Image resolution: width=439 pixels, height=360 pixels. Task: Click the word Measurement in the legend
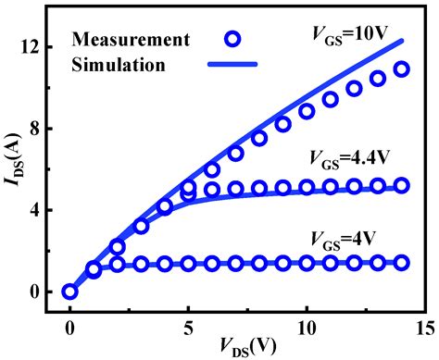131,40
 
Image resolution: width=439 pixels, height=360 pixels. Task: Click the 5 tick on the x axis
188,326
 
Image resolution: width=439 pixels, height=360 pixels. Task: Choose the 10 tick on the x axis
306,326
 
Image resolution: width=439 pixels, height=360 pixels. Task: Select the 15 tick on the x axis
424,326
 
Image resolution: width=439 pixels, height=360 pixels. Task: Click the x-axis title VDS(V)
245,347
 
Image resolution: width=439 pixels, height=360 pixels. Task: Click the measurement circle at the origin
69,292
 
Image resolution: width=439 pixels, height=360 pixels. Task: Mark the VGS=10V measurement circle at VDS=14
402,69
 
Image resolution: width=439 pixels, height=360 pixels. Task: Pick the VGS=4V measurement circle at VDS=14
402,263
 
